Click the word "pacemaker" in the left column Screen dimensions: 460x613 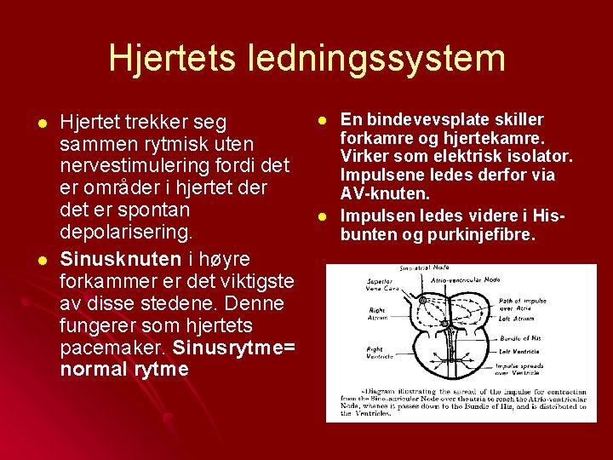coord(113,348)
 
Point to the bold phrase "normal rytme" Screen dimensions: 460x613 coord(124,370)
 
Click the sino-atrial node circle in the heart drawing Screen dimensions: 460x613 coord(421,299)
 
